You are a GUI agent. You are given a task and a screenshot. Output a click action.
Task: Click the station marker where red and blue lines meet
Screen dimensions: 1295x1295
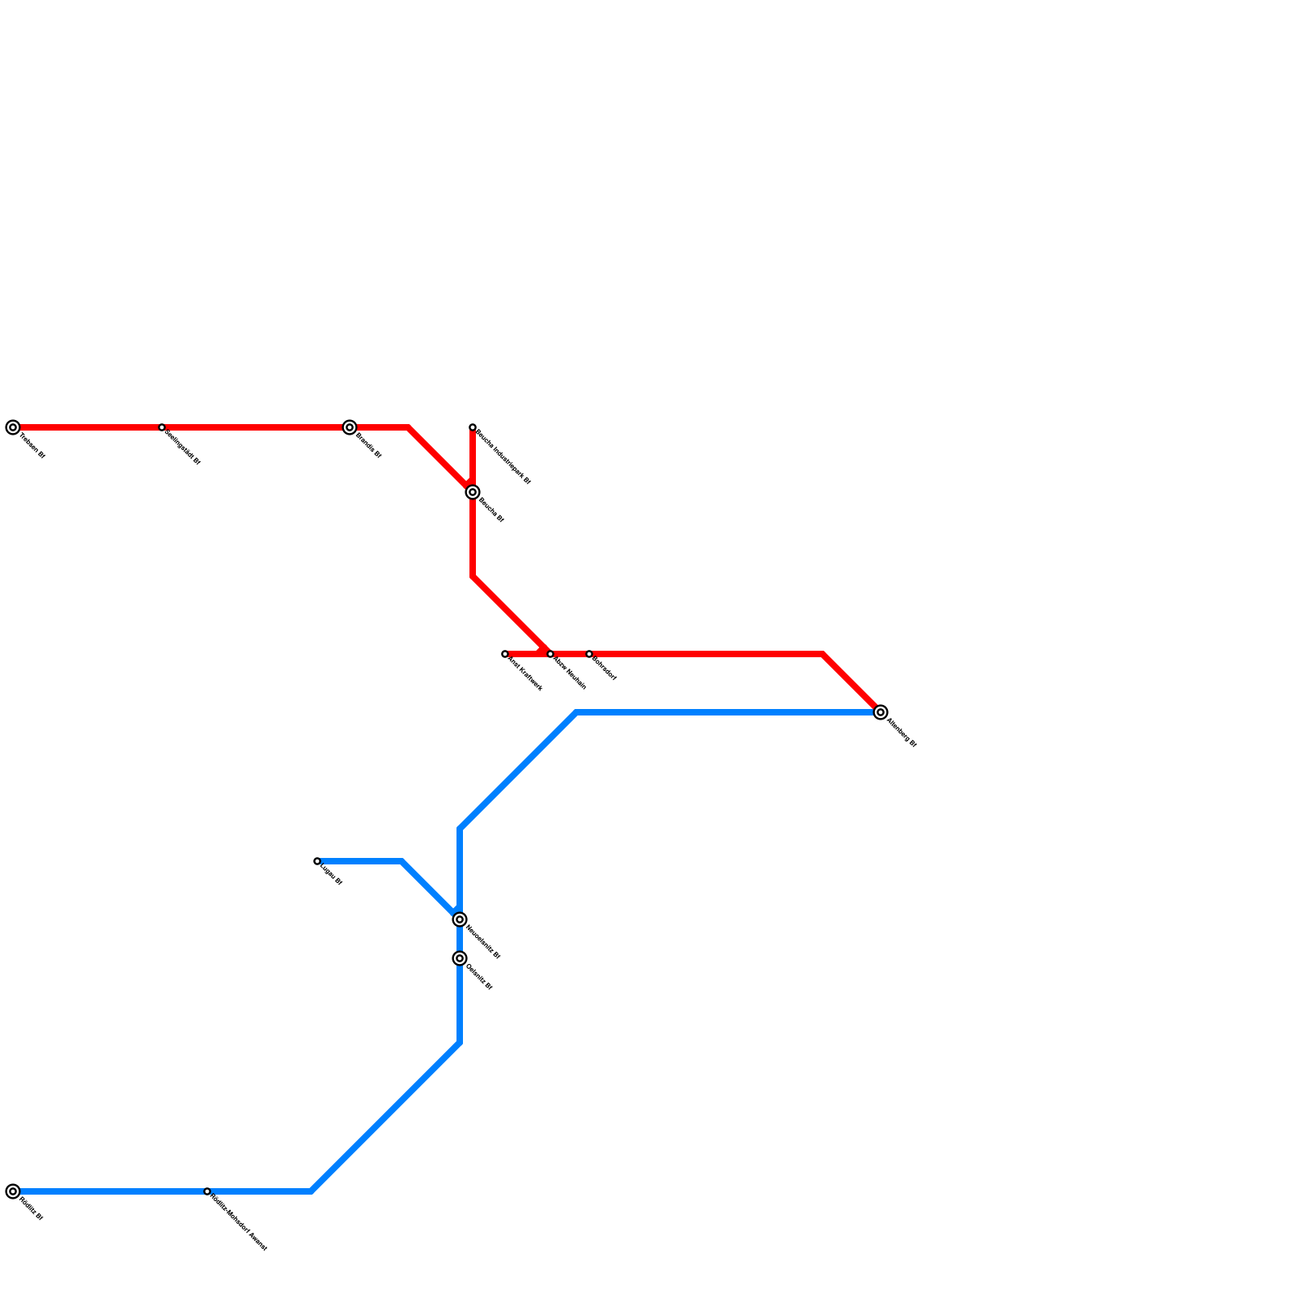pyautogui.click(x=881, y=712)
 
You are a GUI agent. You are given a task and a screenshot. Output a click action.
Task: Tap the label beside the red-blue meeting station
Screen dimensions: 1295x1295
pyautogui.click(x=902, y=732)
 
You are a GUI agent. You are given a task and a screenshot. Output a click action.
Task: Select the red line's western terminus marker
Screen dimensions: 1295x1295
pyautogui.click(x=13, y=427)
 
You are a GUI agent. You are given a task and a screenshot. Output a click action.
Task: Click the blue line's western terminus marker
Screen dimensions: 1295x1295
pyautogui.click(x=13, y=1191)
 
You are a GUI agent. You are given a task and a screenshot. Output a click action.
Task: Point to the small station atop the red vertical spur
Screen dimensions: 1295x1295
pyautogui.click(x=473, y=427)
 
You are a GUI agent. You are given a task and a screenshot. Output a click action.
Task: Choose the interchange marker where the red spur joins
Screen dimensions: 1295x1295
pyautogui.click(x=473, y=492)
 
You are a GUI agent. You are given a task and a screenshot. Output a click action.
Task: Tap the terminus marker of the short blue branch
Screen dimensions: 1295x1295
pyautogui.click(x=317, y=861)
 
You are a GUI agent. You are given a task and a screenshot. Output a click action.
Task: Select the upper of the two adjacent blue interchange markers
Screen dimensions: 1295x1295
pyautogui.click(x=460, y=919)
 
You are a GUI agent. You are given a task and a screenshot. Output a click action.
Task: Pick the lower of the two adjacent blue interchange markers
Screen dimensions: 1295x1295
pyautogui.click(x=460, y=958)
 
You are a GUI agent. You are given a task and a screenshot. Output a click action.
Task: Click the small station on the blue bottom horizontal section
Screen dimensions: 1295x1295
pyautogui.click(x=207, y=1191)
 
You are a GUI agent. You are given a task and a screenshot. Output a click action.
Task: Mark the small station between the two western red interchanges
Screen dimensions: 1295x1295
pyautogui.click(x=162, y=427)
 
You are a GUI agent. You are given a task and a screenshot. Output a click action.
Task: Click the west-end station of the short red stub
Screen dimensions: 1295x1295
pyautogui.click(x=505, y=654)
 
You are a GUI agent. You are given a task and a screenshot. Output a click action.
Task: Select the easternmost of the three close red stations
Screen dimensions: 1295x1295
pyautogui.click(x=589, y=654)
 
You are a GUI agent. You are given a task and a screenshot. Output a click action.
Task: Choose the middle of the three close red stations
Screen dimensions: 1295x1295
pyautogui.click(x=550, y=654)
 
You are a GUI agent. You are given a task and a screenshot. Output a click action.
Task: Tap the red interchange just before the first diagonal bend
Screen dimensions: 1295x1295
pyautogui.click(x=350, y=427)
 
